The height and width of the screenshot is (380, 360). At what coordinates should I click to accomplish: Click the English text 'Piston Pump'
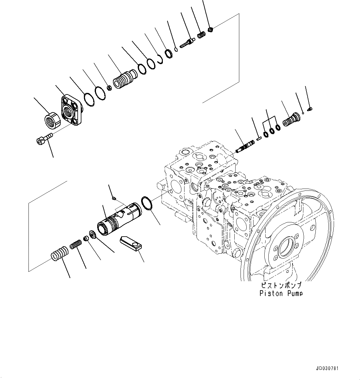coord(281,293)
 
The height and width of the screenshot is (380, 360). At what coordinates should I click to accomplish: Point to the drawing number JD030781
coord(327,369)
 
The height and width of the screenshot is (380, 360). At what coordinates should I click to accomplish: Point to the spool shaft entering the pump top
coord(246,146)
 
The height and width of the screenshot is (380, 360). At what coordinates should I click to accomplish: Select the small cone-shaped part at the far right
coord(310,109)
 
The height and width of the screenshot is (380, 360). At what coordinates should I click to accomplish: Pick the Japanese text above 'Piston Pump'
coord(281,285)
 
